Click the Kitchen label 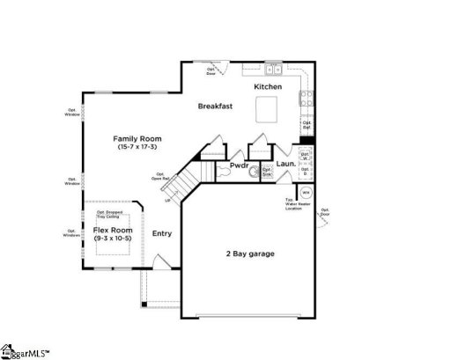pos(268,87)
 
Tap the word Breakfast pos(215,107)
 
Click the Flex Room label pos(113,230)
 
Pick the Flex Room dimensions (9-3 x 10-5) pos(113,239)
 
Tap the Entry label pos(162,233)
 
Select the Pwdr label pos(239,165)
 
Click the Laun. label pos(285,164)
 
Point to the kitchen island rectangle pos(267,109)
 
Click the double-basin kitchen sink pos(273,67)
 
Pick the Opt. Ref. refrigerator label pos(307,124)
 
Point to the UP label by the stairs pos(168,200)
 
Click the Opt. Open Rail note pos(159,176)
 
